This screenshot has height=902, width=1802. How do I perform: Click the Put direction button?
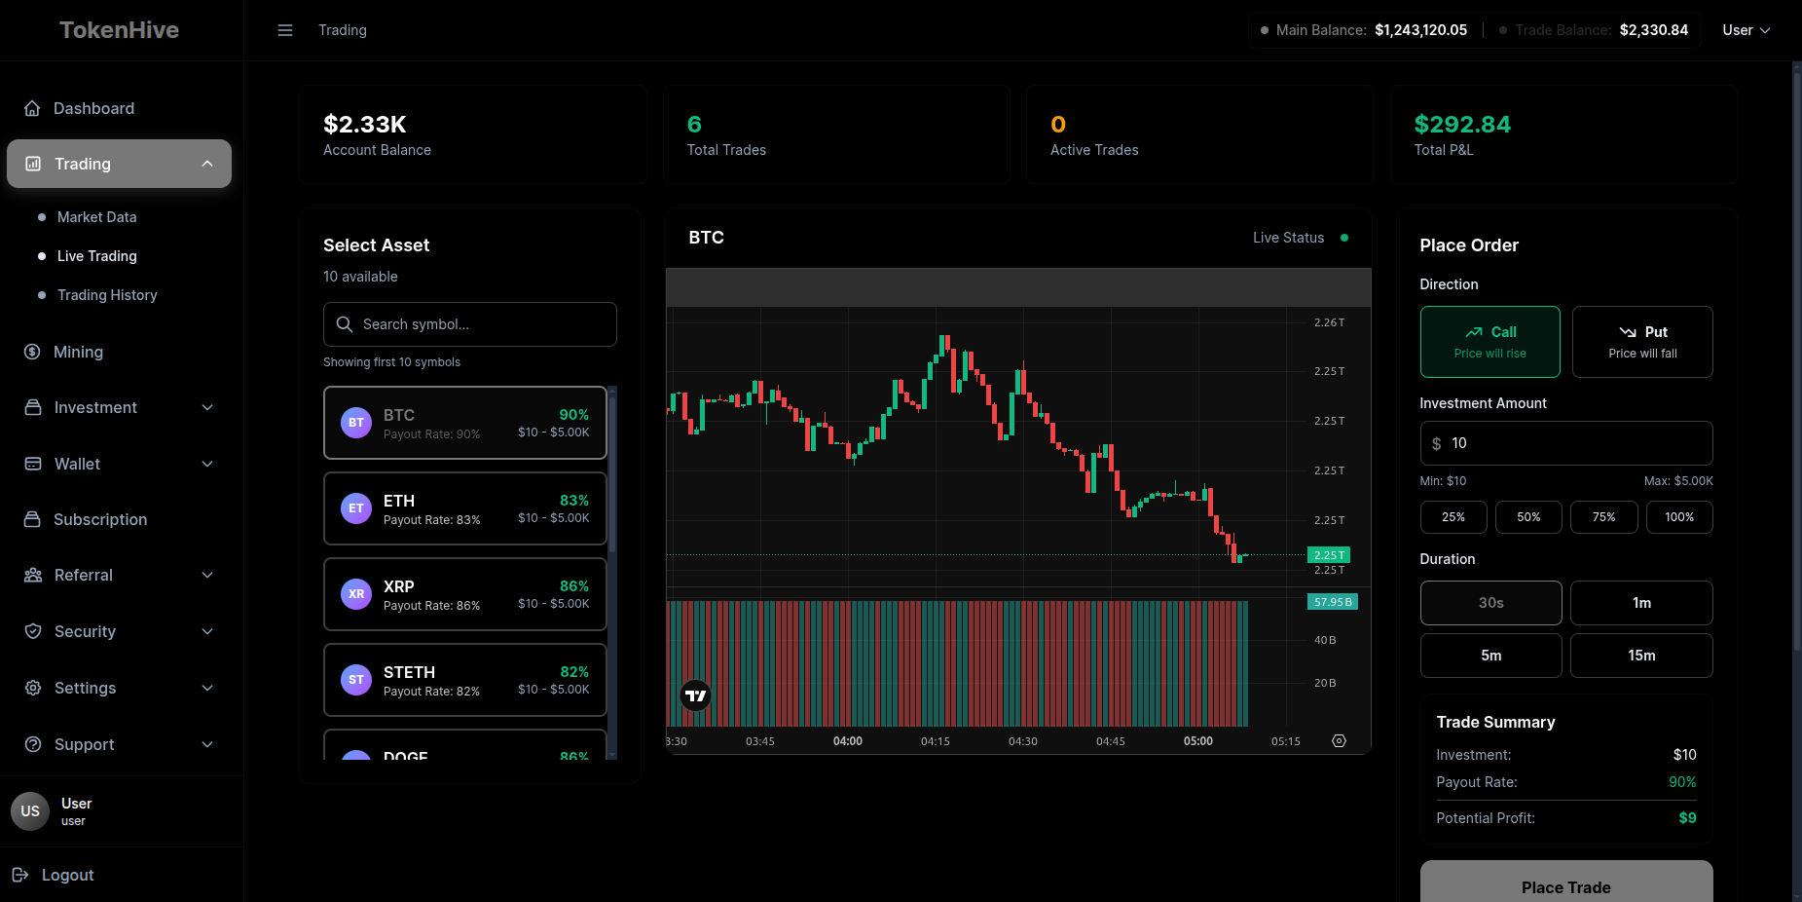click(x=1642, y=342)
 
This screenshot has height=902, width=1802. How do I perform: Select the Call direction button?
click(x=1489, y=342)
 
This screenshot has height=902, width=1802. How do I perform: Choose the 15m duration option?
click(x=1641, y=656)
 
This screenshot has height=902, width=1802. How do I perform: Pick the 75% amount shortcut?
click(x=1603, y=517)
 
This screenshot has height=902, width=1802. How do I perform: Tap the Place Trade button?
click(x=1565, y=885)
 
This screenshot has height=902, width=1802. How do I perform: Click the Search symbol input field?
click(x=470, y=324)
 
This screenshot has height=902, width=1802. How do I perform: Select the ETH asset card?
click(x=465, y=508)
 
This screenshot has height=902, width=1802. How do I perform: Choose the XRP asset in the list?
click(x=465, y=594)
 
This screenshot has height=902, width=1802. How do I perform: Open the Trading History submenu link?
click(x=107, y=295)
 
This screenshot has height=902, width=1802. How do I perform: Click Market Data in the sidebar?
click(x=96, y=217)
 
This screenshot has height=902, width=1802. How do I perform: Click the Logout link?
click(x=67, y=875)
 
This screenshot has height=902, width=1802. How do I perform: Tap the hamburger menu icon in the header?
click(x=285, y=30)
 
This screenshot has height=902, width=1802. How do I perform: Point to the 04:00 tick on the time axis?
click(x=847, y=741)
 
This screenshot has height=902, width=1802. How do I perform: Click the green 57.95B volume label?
click(x=1332, y=602)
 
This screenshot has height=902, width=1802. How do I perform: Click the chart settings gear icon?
click(x=1339, y=741)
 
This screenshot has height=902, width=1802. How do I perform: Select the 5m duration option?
click(x=1490, y=656)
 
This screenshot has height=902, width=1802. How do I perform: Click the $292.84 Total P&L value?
click(x=1462, y=125)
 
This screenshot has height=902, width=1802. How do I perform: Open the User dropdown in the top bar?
click(x=1746, y=30)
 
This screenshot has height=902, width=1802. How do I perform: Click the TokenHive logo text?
click(x=119, y=30)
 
